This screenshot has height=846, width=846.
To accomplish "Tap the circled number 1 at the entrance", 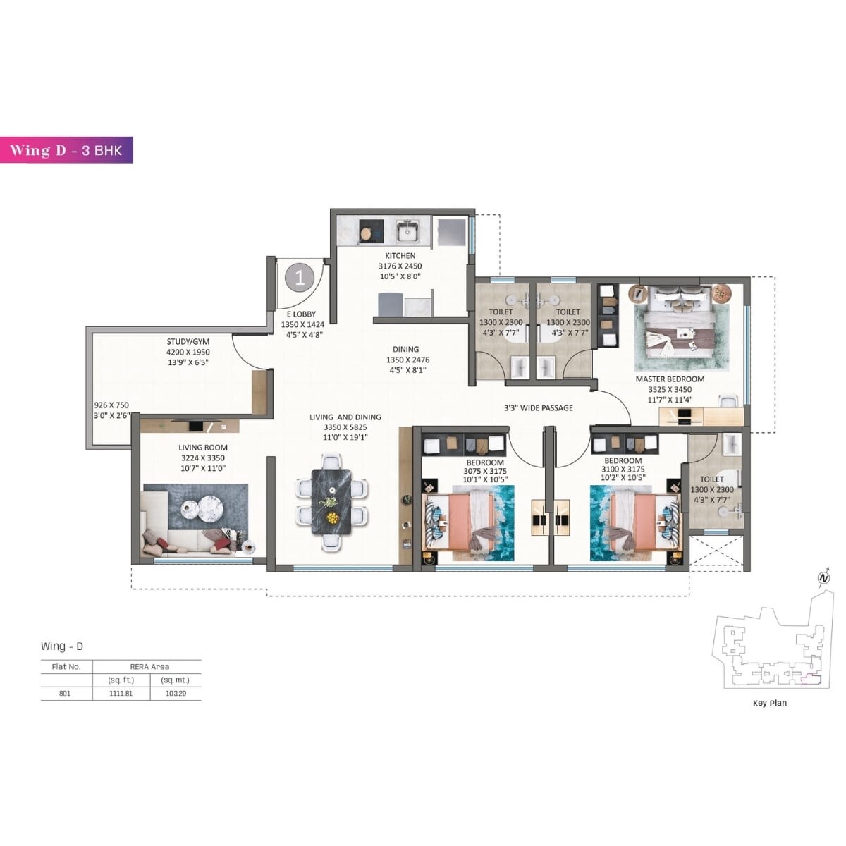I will (x=300, y=278).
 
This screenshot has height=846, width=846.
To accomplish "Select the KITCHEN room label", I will (x=400, y=255).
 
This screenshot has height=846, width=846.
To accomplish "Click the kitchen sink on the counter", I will (x=407, y=231).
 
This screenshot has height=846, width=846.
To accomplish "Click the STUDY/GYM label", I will (x=188, y=341).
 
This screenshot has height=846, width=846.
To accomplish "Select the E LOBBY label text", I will (x=301, y=314).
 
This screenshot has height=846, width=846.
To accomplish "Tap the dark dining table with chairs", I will (x=331, y=501).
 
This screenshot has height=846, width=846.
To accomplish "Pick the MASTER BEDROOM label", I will (x=670, y=379).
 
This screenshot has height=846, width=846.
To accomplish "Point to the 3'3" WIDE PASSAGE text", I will (x=538, y=407).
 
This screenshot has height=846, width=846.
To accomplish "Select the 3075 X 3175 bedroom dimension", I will (x=485, y=471).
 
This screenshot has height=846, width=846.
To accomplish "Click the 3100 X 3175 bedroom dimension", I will (x=623, y=470).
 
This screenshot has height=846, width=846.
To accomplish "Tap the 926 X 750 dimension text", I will (x=111, y=405).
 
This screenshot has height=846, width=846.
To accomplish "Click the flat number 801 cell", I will (x=65, y=693).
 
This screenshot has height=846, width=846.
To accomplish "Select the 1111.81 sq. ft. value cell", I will (x=121, y=693).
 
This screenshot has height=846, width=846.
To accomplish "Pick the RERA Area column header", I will (x=149, y=666).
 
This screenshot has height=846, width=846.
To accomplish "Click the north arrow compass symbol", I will (x=823, y=579).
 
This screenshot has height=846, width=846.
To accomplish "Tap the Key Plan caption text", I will (x=769, y=703).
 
